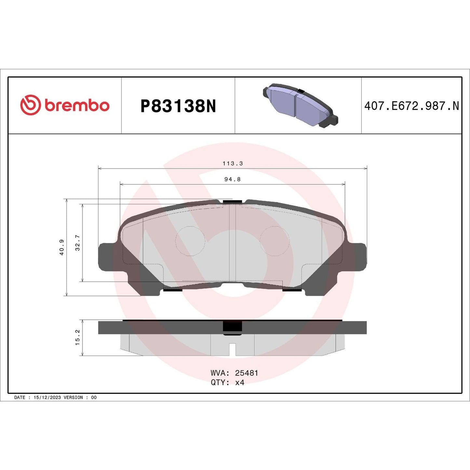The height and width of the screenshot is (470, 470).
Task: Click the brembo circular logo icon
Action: point(30,105)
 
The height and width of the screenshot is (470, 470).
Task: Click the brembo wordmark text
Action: point(77,106)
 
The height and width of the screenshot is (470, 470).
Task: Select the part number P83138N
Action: point(178,106)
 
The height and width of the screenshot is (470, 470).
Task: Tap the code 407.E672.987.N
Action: point(411,106)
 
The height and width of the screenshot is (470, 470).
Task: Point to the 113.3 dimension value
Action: point(233,163)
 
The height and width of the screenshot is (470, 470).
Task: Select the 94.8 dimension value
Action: point(233,179)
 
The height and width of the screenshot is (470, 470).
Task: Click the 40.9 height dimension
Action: point(61,247)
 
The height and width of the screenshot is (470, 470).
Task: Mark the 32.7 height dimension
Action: point(77,243)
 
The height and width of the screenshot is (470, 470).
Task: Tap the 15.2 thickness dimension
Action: point(77,337)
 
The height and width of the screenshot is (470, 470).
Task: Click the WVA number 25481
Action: point(247,373)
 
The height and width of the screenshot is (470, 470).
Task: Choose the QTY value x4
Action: point(240,383)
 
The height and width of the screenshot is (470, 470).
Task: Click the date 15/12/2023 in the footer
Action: point(47,397)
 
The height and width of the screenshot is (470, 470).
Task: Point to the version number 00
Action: point(94,397)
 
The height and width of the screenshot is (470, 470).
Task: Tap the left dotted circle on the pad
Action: point(190,241)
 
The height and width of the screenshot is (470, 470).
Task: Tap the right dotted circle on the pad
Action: point(275,241)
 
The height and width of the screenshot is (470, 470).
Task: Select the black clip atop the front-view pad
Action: point(232,202)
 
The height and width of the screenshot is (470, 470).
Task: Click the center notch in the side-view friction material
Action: point(232,349)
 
